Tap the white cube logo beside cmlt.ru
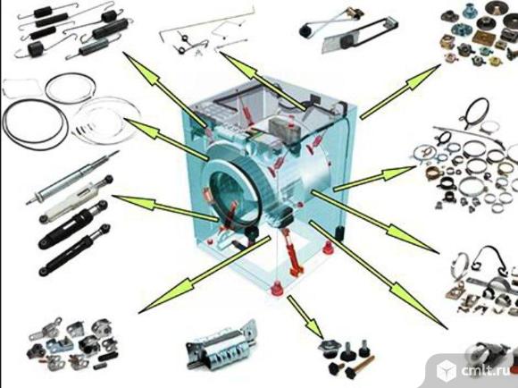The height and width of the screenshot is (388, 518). click(447, 370)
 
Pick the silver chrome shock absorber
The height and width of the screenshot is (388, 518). click(72, 178)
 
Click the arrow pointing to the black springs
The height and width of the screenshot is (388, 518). click(164, 89)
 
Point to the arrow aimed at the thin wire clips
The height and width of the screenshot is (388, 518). click(263, 80)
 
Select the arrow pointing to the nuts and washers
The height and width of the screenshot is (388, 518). click(400, 91)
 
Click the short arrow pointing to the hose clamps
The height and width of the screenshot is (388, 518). click(374, 179)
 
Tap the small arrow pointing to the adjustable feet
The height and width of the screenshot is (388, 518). click(305, 316)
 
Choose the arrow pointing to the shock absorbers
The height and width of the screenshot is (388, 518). click(165, 207)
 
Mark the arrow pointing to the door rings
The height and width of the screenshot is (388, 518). click(166, 139)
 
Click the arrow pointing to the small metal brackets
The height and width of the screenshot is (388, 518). click(205, 274)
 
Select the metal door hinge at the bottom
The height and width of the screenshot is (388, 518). click(221, 345)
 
